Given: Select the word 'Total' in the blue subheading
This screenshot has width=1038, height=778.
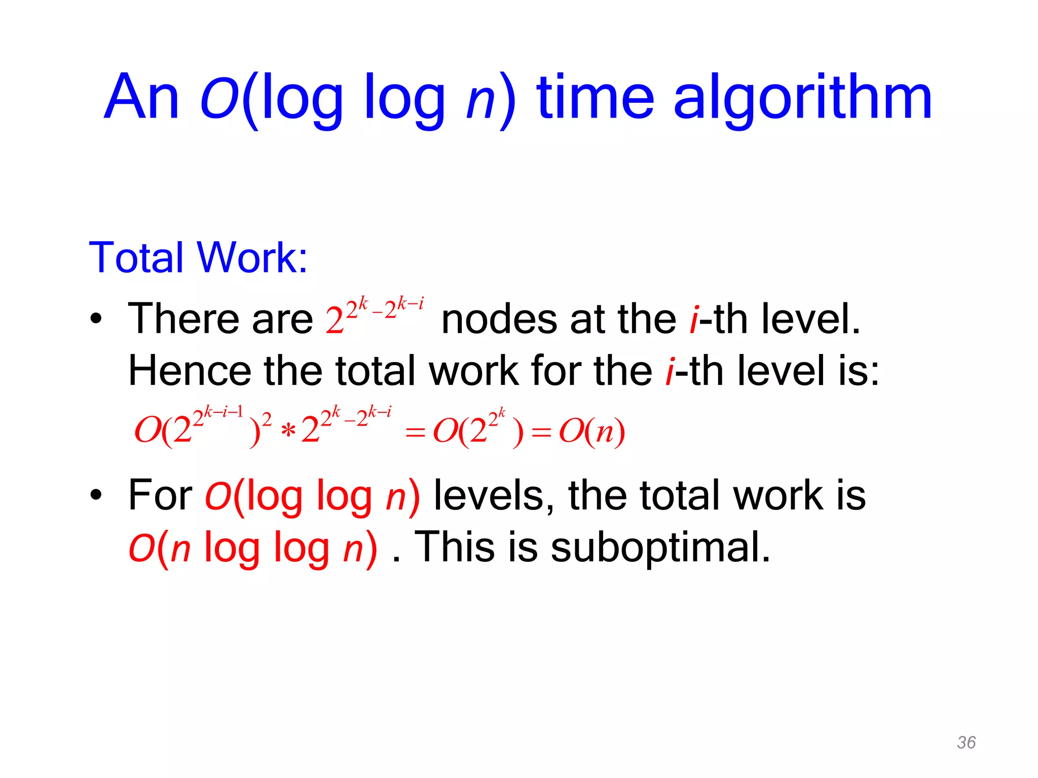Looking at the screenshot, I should [x=135, y=257].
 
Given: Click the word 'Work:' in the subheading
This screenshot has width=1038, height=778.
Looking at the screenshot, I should [x=252, y=257].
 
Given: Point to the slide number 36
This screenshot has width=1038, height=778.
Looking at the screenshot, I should [x=966, y=742].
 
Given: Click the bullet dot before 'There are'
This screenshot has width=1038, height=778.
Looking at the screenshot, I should [x=96, y=320].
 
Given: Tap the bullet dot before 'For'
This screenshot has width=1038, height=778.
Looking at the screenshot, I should [x=96, y=495].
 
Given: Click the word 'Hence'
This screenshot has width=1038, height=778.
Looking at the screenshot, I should [x=189, y=371].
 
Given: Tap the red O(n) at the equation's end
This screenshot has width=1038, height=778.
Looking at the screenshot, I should [x=591, y=432].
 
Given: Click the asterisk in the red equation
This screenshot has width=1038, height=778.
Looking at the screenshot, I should [x=287, y=432].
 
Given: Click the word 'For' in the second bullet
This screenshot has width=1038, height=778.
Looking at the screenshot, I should [x=160, y=495].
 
